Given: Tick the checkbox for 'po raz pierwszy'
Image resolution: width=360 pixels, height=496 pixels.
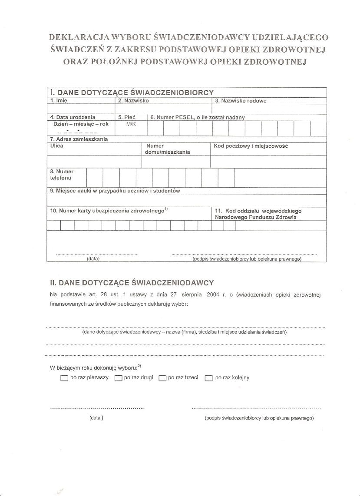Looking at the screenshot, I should pos(65,378).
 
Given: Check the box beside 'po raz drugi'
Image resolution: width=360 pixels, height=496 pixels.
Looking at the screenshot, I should pos(118,378).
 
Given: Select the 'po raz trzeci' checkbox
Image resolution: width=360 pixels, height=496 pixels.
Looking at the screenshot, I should pos(162,378).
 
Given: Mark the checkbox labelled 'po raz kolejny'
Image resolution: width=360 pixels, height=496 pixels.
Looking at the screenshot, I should pos(208,378).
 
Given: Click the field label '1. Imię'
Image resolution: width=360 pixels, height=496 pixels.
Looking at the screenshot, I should pos(59,100).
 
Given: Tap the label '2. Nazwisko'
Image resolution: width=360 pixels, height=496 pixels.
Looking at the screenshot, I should pos(133,100).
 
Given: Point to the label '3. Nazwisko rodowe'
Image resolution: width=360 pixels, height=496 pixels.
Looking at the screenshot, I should pos(241,101).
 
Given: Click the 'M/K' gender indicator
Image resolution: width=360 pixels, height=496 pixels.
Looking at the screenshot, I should pos(131,124).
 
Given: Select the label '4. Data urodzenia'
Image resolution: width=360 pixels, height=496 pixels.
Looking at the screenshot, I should pos(73,117).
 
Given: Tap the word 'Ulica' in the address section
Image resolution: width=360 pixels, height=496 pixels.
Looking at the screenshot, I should pos(56,146).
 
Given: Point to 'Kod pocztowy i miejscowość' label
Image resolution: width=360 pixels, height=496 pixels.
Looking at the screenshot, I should pos(251,146).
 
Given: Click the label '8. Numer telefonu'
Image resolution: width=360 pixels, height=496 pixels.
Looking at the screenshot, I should pos(62,175).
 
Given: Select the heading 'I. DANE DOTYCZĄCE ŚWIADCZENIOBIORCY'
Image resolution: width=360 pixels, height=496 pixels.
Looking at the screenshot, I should pos(132,93).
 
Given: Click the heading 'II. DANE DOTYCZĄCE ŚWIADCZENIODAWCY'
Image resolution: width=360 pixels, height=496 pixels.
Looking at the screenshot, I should pos(132,283).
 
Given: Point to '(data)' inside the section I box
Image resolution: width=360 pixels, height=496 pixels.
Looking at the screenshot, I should pos(93,258).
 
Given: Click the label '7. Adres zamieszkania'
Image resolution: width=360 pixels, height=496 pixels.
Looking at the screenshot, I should pos(79,139).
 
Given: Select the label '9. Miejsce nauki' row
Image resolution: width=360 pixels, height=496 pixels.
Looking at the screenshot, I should pos(115,191).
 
